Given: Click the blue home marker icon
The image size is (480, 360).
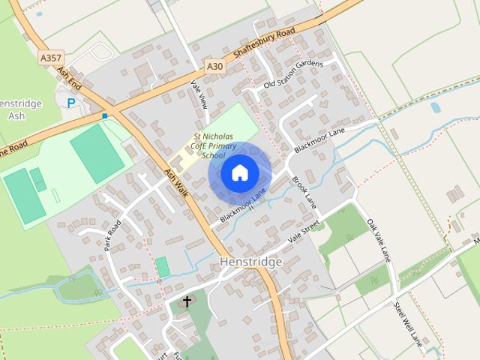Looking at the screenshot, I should (239, 172).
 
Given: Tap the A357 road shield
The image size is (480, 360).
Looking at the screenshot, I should (51, 57).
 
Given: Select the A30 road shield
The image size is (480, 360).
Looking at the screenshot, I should (215, 66).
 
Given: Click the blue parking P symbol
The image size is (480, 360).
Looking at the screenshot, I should (72, 103).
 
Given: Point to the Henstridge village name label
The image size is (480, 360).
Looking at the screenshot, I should (250, 262).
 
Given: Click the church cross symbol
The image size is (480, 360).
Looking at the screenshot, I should (187, 301).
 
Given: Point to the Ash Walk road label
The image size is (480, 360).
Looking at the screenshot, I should (175, 182).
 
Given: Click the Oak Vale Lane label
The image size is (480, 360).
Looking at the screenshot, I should (379, 240).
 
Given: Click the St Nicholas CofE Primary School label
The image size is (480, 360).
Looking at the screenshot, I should (214, 145).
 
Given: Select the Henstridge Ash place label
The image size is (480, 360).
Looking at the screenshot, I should (15, 109).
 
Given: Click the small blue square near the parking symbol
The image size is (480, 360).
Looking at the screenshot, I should (104, 116).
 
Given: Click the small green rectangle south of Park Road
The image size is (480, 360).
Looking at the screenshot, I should (163, 266).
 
